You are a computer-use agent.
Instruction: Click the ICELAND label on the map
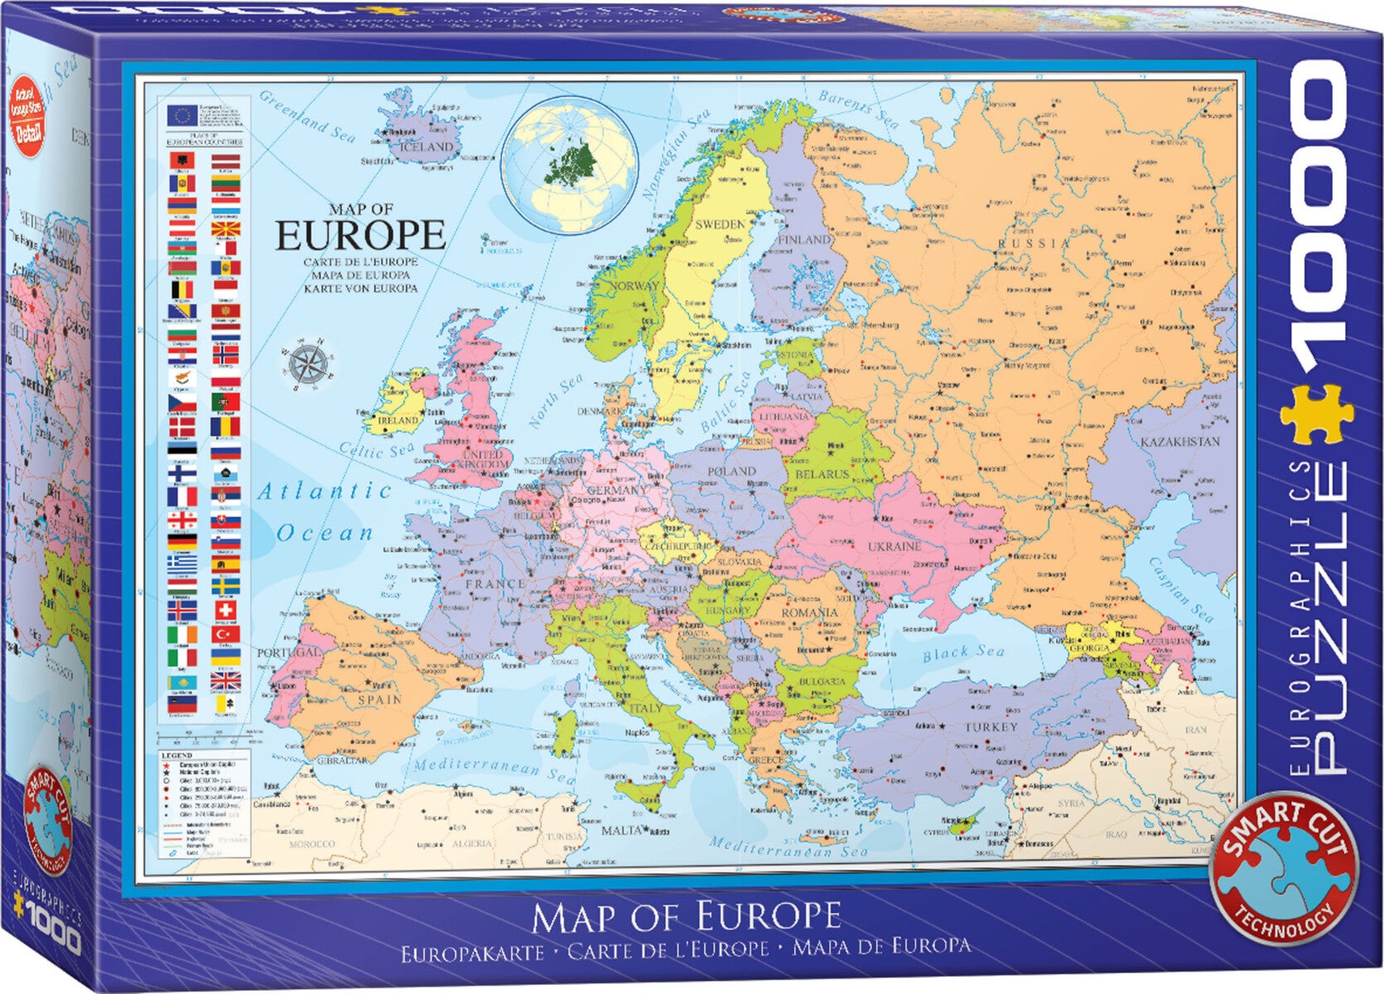pos(427,147)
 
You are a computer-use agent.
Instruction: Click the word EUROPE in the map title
pos(360,235)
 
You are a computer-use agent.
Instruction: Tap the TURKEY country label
pos(991,726)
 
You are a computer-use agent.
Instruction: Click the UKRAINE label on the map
pos(894,547)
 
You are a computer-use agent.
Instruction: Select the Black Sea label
pos(962,653)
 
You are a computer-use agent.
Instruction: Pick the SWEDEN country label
pos(720,224)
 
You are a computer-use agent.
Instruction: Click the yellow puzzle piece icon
pos(1316,415)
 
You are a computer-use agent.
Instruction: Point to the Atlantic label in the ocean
pos(325,491)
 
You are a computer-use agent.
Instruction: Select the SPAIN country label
pos(379,699)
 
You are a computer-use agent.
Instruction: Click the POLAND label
pos(731,471)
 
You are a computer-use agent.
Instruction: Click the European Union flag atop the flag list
pos(181,115)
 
